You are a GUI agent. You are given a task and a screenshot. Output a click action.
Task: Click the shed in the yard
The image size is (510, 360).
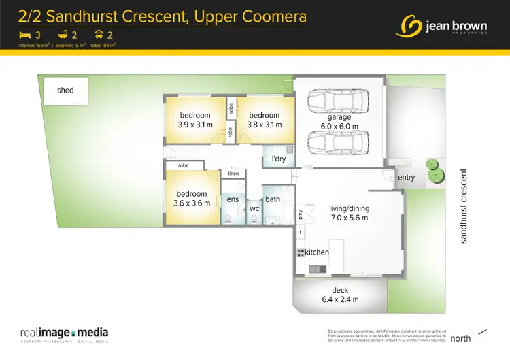[65, 91]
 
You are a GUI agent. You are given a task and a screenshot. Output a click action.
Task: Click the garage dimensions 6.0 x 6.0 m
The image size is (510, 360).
[339, 126]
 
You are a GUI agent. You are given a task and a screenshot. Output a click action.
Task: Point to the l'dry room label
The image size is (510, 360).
[278, 159]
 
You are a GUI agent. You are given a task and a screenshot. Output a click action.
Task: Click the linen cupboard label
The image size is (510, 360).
[233, 174]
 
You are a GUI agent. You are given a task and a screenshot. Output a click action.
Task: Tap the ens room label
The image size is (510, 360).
[233, 199]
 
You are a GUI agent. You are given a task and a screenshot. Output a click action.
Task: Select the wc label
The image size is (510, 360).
[254, 208]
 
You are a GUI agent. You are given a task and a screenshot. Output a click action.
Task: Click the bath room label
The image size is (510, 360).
[273, 199]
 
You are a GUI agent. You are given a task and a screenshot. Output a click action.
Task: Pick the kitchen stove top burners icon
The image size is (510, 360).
[300, 252]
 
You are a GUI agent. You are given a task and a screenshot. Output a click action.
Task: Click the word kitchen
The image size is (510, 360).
[317, 252]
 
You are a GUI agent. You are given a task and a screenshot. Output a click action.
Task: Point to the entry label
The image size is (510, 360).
[406, 178]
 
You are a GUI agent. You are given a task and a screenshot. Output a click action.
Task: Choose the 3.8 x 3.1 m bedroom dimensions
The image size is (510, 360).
[263, 125]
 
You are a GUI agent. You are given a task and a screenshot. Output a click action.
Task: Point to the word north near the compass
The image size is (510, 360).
[461, 338]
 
